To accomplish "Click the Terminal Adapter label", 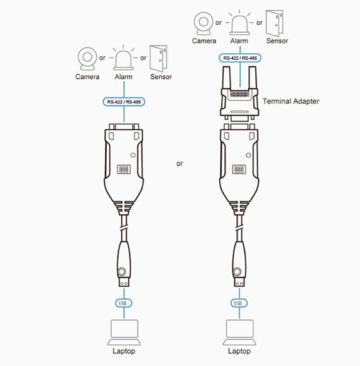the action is (x=291, y=101).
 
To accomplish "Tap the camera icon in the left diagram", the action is (x=87, y=59).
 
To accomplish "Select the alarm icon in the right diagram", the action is (x=239, y=22).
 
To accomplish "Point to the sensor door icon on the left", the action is (x=159, y=59).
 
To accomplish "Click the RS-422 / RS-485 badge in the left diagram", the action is (x=124, y=102).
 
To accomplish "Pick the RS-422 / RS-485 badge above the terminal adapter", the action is (x=240, y=58).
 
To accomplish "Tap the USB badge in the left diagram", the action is (x=124, y=303).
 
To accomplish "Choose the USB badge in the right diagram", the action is (x=239, y=303).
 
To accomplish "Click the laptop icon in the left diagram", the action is (x=124, y=332).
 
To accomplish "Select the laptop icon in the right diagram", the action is (x=239, y=332).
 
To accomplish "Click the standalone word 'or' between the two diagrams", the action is (x=179, y=164).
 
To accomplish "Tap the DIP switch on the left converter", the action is (x=124, y=169).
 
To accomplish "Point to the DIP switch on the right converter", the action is (x=239, y=169).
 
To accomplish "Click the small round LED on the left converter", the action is (x=133, y=155).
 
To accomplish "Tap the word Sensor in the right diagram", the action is (x=277, y=41).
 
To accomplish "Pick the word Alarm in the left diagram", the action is (x=123, y=76).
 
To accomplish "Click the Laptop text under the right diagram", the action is (x=239, y=351).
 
